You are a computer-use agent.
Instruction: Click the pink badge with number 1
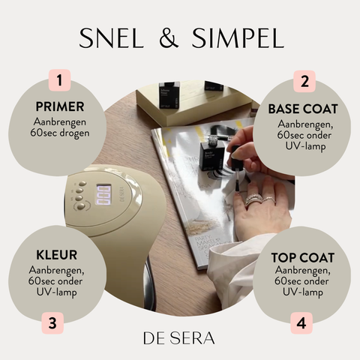point(59,80)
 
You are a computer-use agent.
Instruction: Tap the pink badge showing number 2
point(304,81)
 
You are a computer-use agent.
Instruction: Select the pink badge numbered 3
point(52,323)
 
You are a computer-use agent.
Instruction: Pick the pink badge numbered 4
point(301,322)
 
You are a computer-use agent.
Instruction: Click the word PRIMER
point(60,106)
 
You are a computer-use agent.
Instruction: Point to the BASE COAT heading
point(303,109)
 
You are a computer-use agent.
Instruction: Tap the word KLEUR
point(57,255)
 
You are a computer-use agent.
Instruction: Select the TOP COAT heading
point(303,258)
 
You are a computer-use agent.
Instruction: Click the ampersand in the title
point(169,37)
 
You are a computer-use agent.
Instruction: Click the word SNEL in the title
point(112,37)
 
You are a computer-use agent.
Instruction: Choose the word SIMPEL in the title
point(238,37)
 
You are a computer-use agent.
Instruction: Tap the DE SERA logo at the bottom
point(179,338)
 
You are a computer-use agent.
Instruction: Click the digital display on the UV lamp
point(103,195)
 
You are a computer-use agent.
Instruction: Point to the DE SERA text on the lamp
point(122,195)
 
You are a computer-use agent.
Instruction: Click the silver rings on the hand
point(259,200)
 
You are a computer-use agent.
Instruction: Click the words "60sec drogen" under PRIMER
point(60,133)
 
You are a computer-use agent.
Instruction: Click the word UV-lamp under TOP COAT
point(303,292)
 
